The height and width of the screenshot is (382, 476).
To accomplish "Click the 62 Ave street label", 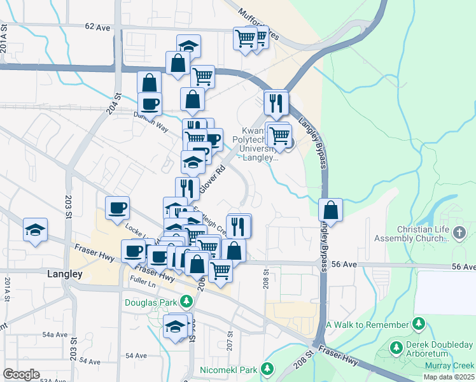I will [x=97, y=27].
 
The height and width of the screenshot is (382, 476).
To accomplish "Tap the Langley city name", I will [x=65, y=274].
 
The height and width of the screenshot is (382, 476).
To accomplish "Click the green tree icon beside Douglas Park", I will [x=186, y=301].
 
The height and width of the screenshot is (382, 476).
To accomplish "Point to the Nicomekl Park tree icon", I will [x=268, y=369].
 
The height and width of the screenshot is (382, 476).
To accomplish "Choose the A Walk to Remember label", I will [x=366, y=325].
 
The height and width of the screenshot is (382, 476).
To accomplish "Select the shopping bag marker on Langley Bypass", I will [x=331, y=209].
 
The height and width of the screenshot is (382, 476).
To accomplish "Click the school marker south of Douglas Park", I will [x=176, y=326].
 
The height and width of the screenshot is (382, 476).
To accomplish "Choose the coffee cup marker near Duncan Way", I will [x=150, y=103].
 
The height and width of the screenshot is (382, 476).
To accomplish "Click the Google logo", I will [x=21, y=374].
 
